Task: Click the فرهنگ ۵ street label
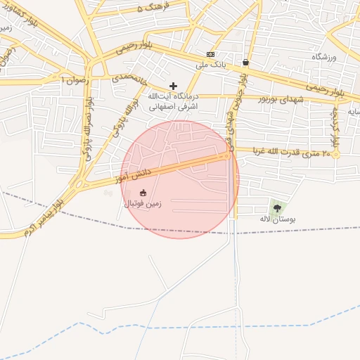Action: (154, 8)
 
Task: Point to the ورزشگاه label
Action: (324, 56)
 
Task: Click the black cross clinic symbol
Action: (174, 86)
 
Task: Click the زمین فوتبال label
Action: (143, 204)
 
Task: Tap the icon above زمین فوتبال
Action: (143, 193)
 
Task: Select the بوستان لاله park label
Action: (278, 219)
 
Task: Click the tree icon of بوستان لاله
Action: (277, 207)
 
